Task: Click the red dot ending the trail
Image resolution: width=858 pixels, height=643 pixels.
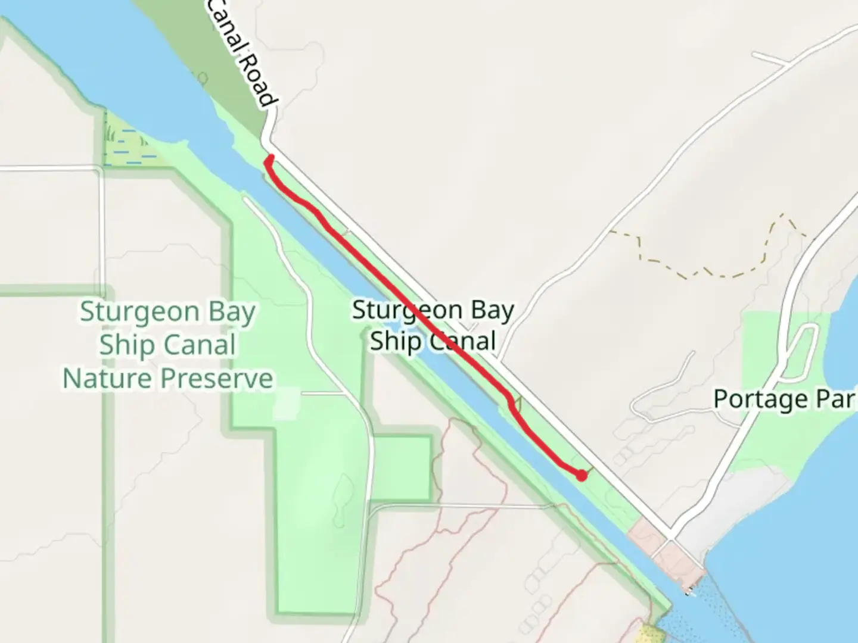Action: coord(581,475)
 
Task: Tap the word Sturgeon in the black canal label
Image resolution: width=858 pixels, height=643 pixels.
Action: coord(398,310)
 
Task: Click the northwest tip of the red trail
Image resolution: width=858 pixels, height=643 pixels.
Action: coord(271,158)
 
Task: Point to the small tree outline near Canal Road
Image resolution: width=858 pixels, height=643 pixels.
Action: coord(202,78)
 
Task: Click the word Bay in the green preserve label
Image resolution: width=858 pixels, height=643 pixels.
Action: coord(229,312)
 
